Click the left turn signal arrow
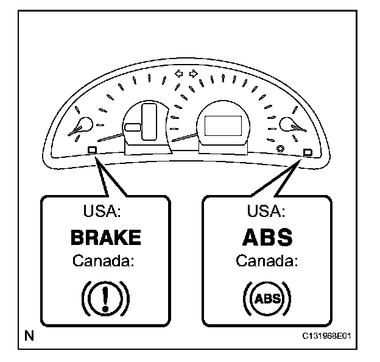pyautogui.click(x=178, y=74)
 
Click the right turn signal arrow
pyautogui.click(x=194, y=74)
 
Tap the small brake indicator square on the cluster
pyautogui.click(x=92, y=149)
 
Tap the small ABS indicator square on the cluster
pyautogui.click(x=307, y=151)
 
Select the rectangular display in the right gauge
pyautogui.click(x=221, y=126)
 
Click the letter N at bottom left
pyautogui.click(x=29, y=335)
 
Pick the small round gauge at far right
pyautogui.click(x=287, y=125)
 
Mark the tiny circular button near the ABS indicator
pyautogui.click(x=280, y=149)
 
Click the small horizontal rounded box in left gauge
pyautogui.click(x=133, y=127)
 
